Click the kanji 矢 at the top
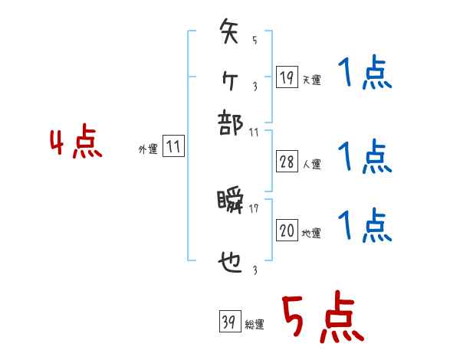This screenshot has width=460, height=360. [231, 34]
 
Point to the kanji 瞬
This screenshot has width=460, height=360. [231, 202]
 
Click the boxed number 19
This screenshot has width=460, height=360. [287, 77]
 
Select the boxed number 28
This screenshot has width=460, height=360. [287, 161]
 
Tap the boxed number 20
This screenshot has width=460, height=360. [287, 231]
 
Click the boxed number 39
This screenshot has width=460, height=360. [228, 322]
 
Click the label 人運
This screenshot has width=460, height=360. [311, 164]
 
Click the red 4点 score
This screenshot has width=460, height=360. [76, 143]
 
